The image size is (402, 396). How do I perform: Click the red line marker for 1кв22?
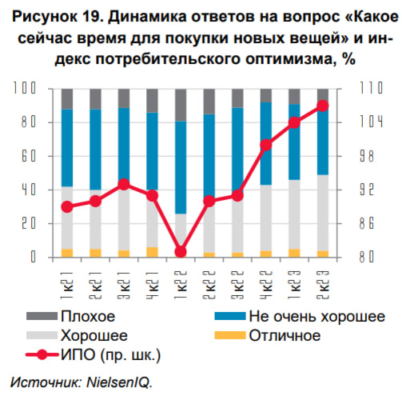181,251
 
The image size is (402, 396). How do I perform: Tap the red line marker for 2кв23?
322,106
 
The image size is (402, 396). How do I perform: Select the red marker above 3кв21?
124,184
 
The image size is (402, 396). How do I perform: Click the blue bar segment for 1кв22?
181,167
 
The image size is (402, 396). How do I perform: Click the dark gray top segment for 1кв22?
181,105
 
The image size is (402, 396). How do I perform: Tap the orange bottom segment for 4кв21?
152,252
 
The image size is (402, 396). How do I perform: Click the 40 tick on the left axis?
27,190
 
